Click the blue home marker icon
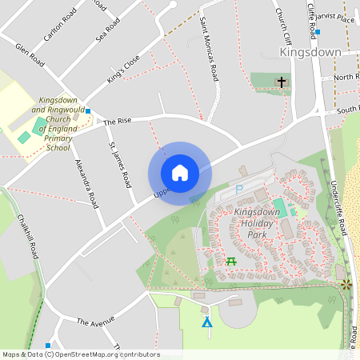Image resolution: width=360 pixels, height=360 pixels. pos(179,173)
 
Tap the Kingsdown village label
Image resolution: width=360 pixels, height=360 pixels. pos(310,52)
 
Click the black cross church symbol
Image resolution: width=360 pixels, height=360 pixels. pos(281,82)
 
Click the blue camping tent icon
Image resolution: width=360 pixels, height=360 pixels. pos(207,322)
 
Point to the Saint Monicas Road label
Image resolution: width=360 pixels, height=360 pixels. pos(209,49)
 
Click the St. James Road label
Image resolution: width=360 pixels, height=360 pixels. pos(119,164)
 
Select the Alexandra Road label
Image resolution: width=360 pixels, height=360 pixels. pos(86,183)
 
